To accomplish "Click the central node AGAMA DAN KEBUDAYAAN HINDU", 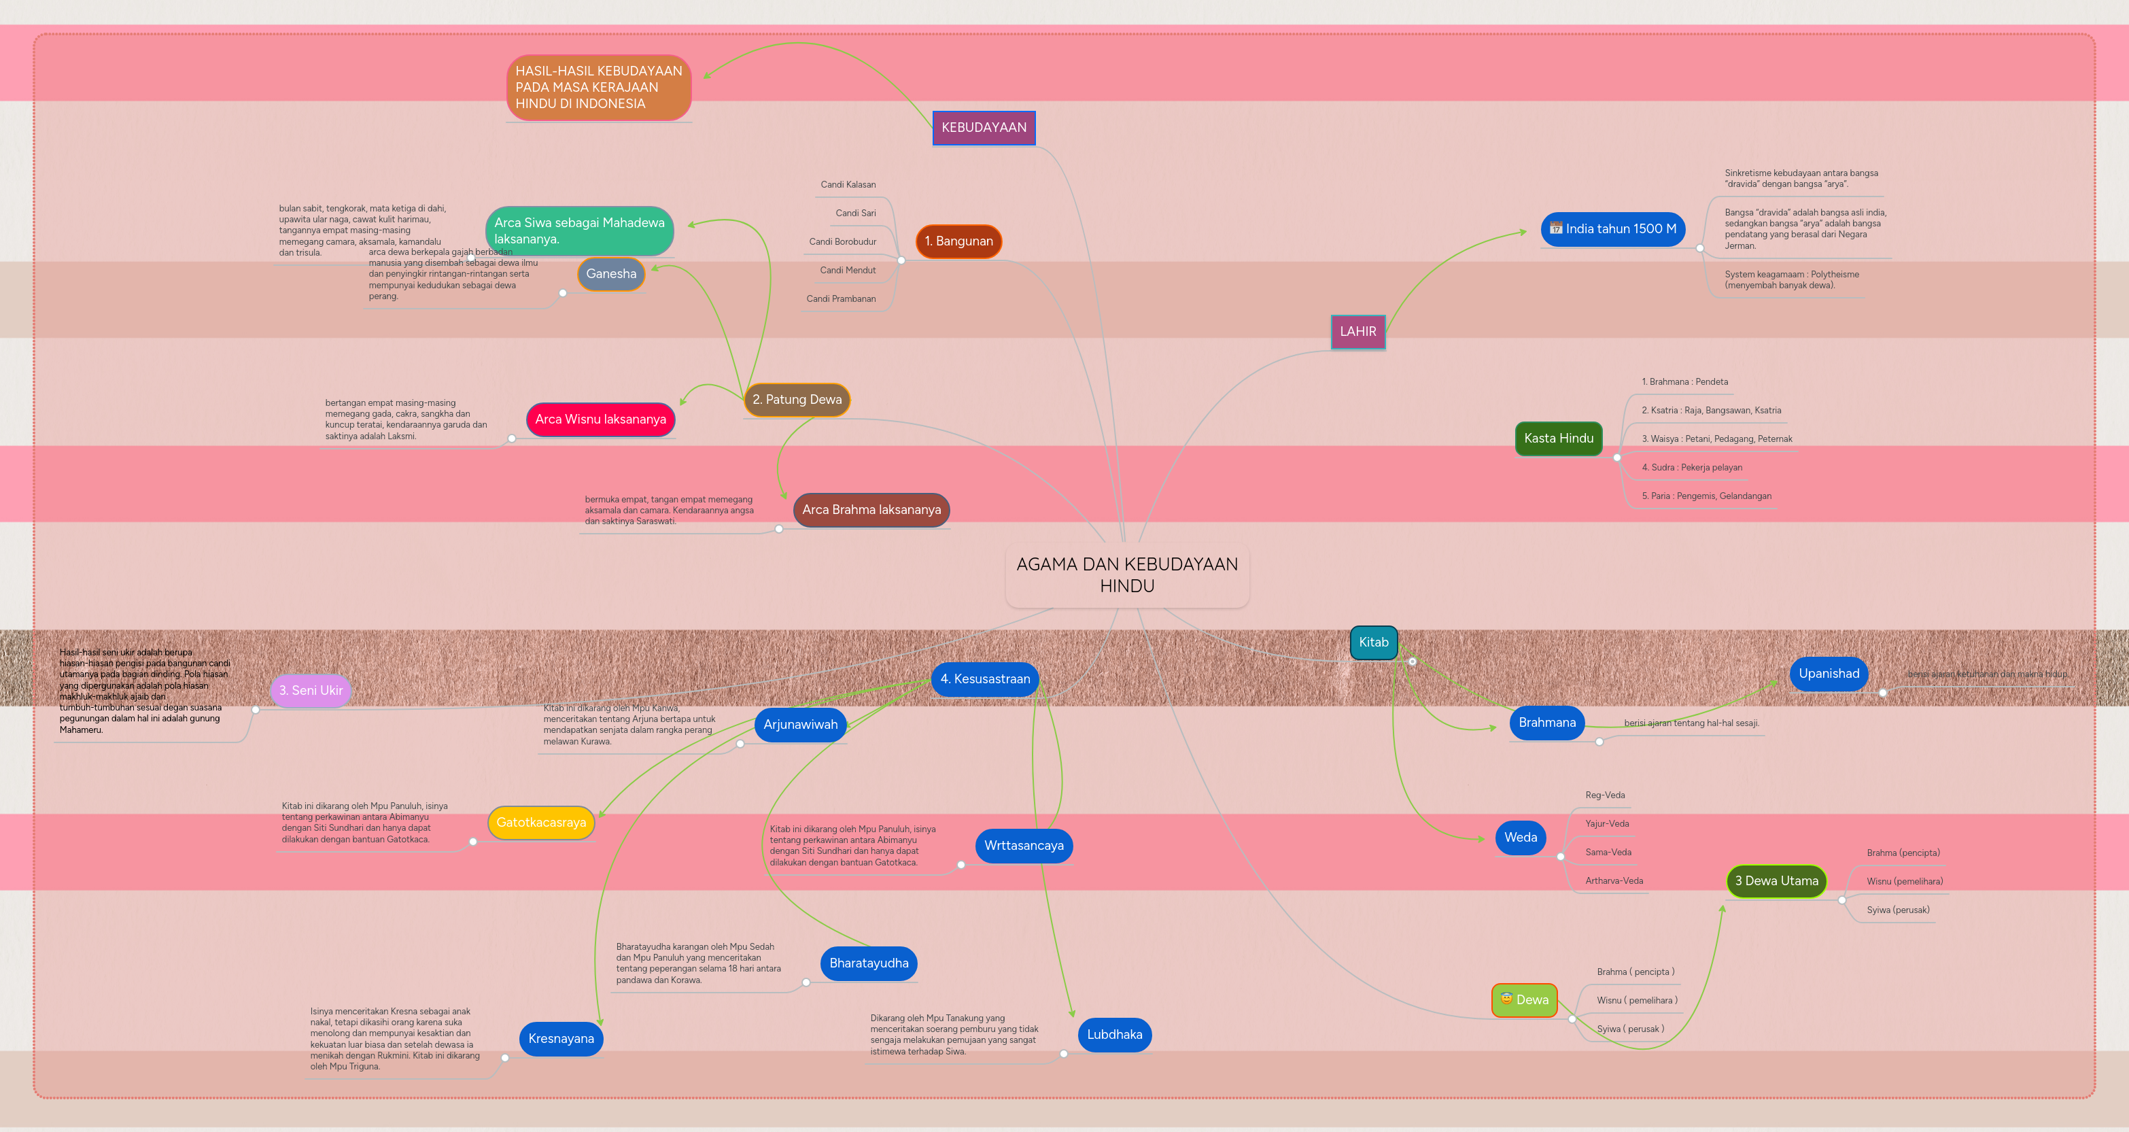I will click(1126, 574).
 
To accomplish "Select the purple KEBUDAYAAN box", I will click(984, 127).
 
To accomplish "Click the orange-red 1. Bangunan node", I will click(958, 241).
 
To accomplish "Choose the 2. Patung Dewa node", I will click(797, 399).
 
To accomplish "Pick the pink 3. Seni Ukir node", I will click(310, 691).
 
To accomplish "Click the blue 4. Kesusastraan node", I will click(984, 679).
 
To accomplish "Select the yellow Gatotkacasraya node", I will click(540, 823).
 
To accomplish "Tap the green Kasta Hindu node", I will click(1558, 439).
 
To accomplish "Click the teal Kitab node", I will click(1373, 642).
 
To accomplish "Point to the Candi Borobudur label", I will click(842, 241).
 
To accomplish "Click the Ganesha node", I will click(611, 274).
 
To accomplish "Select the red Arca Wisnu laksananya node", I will click(600, 419).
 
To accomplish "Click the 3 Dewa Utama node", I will click(1776, 881).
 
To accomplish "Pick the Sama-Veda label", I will click(1608, 853).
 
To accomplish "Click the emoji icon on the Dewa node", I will click(1506, 999).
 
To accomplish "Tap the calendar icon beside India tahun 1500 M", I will click(1555, 228).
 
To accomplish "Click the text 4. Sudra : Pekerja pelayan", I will click(1691, 468).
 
